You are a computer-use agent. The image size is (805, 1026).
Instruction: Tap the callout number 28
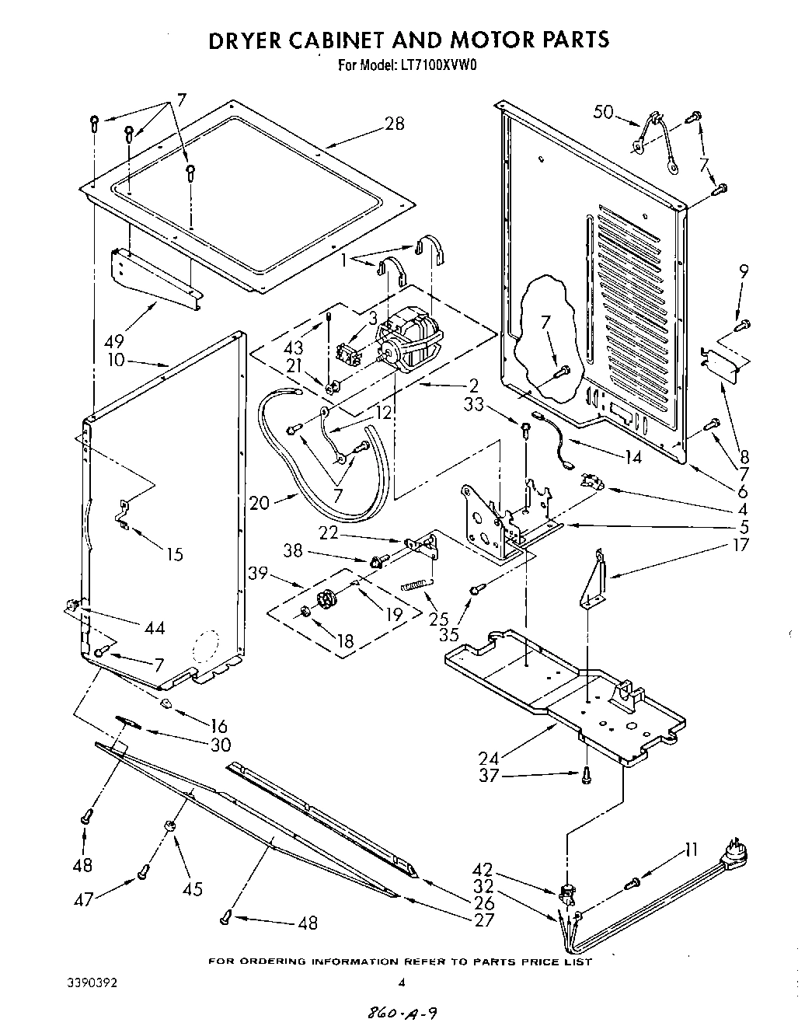click(394, 123)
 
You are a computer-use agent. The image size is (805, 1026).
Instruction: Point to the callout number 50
click(603, 112)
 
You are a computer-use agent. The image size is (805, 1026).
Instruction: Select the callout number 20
click(261, 503)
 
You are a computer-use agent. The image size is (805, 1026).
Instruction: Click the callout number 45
click(192, 888)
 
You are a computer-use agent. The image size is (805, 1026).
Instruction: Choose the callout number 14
click(632, 458)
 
